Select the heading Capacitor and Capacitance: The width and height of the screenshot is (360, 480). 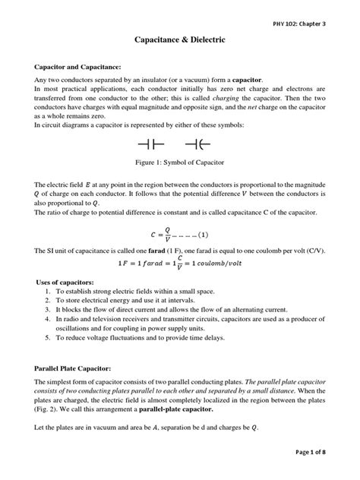(85, 67)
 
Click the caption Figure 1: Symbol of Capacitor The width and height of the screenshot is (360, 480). (180, 163)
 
